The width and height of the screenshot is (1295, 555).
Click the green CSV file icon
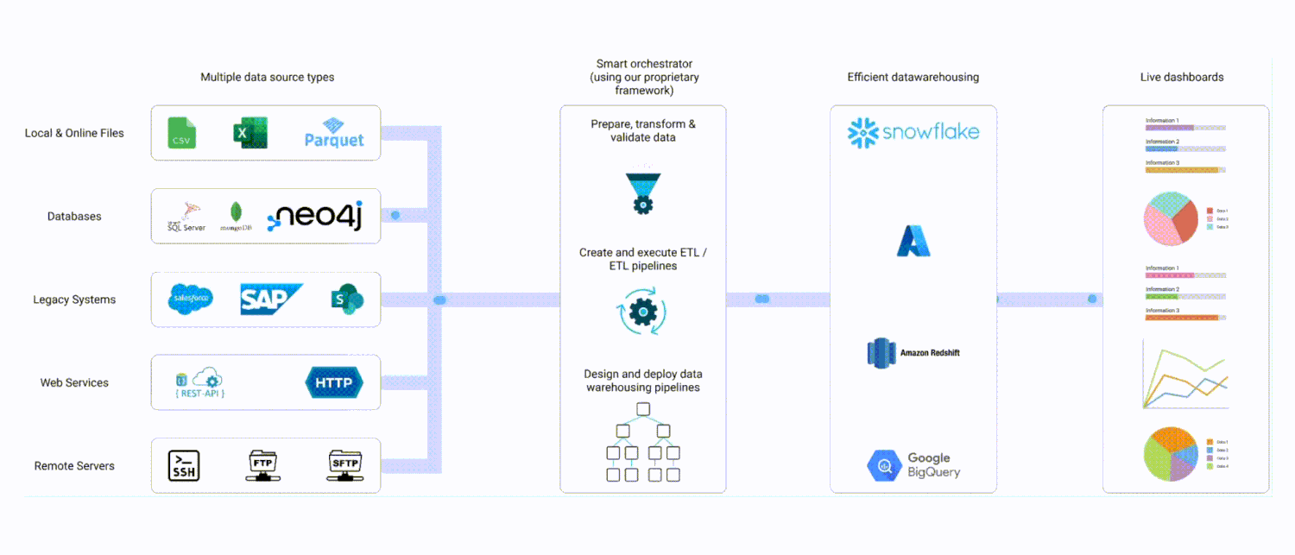[x=182, y=133]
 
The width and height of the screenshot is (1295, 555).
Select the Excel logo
[x=250, y=133]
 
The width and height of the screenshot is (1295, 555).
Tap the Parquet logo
[x=334, y=133]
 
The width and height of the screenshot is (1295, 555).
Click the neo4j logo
[x=315, y=217]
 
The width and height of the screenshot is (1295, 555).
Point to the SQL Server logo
[x=186, y=218]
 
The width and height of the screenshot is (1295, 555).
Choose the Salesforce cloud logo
[x=191, y=300]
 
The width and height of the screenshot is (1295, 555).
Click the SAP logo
[x=270, y=300]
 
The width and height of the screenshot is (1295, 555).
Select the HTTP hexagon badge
[x=334, y=382]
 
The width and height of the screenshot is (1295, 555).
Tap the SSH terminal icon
[x=184, y=466]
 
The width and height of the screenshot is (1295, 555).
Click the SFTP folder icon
[x=344, y=466]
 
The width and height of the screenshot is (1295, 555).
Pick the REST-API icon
[x=199, y=383]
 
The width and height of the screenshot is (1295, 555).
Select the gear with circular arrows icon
[x=643, y=312]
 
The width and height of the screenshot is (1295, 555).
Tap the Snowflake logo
[x=913, y=132]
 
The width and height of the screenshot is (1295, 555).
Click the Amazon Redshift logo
[x=913, y=352]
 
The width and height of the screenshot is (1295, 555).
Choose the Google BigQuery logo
[x=913, y=465]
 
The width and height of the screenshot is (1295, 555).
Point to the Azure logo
[x=913, y=241]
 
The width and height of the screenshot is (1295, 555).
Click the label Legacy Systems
[x=74, y=300]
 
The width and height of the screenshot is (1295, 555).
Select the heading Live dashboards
[x=1182, y=77]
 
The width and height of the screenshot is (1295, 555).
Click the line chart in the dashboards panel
[x=1184, y=375]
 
